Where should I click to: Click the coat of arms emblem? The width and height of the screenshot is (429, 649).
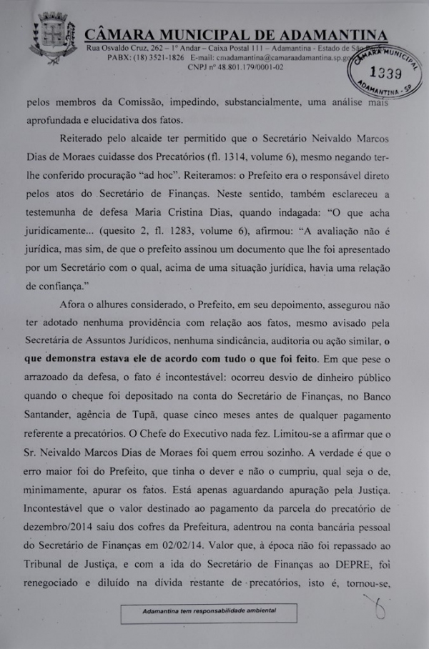click(53, 39)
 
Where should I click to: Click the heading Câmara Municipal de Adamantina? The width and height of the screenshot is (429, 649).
click(236, 35)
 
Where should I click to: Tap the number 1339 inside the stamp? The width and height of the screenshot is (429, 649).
click(387, 73)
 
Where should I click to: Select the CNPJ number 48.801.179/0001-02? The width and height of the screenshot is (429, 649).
click(246, 67)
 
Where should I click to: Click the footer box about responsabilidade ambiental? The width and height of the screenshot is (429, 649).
click(209, 613)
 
